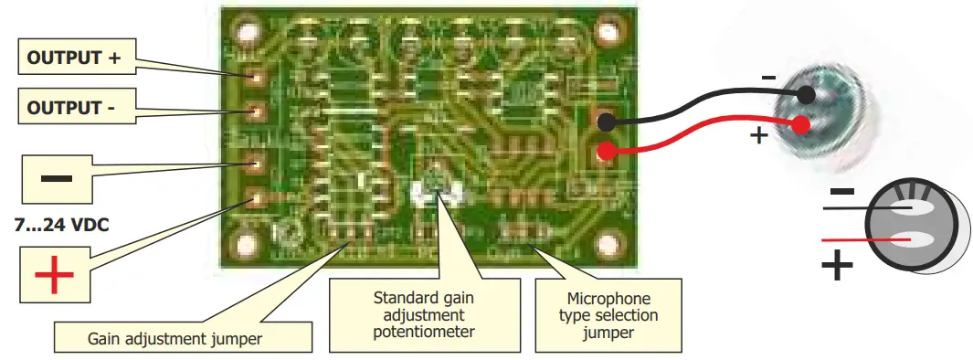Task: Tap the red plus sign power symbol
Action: [54, 274]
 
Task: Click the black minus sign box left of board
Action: [56, 177]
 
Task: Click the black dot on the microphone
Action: [806, 95]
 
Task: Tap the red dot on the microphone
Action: [801, 126]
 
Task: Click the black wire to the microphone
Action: [703, 103]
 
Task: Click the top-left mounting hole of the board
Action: [246, 34]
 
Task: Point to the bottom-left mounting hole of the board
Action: [246, 246]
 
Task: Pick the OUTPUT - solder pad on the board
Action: [257, 112]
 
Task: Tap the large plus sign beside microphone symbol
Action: [836, 266]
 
